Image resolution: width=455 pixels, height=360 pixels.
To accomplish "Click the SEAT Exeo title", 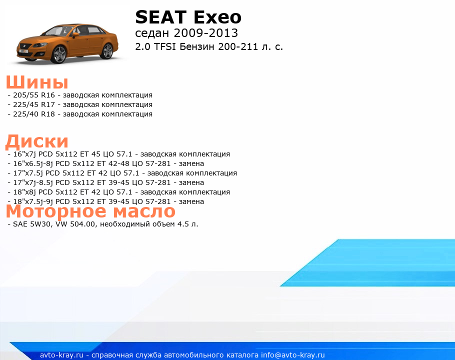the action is [x=188, y=17].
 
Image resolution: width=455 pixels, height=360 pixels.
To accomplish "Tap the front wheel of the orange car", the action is [x=58, y=54].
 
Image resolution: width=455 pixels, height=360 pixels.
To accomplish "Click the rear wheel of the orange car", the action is [x=107, y=51].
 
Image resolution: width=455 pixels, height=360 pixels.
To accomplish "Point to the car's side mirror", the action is [x=75, y=34].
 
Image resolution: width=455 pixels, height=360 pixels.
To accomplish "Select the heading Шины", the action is [x=37, y=82].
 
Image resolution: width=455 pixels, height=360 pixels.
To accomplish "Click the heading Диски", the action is [x=37, y=141].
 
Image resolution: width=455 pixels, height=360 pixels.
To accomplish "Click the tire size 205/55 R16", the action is [x=34, y=95].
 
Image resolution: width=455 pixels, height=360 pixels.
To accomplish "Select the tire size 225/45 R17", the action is [x=34, y=104].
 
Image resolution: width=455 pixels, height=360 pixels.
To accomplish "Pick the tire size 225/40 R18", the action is [x=34, y=114].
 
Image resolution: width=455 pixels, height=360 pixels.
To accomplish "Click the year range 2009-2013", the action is [x=205, y=33].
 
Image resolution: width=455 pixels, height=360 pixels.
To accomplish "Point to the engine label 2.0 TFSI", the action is [x=155, y=46].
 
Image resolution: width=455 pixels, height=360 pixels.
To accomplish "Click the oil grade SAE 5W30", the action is [x=32, y=224].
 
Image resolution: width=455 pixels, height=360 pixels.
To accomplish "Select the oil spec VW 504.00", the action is [x=75, y=224].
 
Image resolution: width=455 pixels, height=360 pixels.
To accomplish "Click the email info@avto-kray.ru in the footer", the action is [x=293, y=355].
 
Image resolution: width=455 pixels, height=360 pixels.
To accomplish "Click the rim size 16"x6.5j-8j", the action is [x=33, y=163].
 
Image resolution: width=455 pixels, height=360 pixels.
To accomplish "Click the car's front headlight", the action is [x=40, y=45].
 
